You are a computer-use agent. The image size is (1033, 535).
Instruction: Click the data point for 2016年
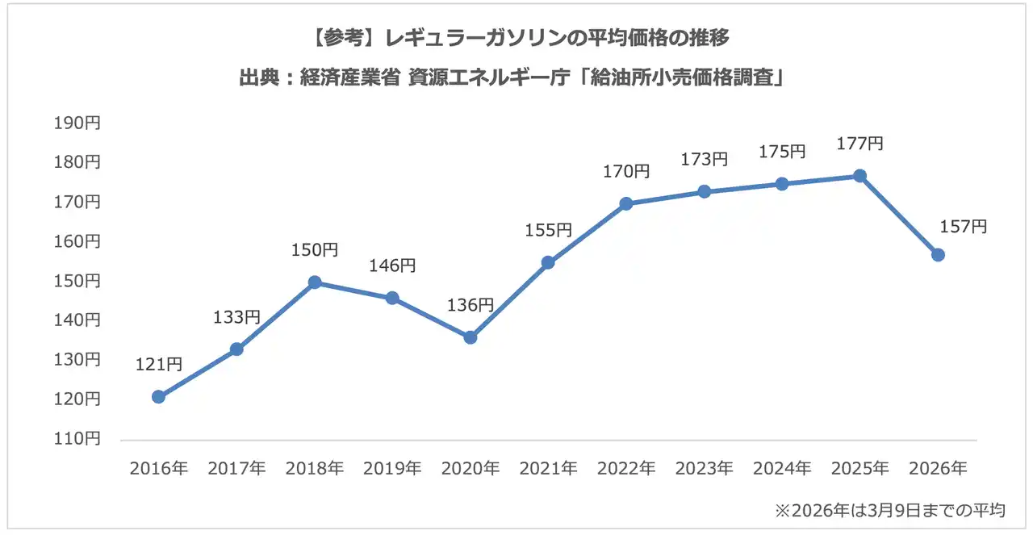coord(158,397)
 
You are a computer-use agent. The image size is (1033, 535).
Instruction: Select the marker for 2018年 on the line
coord(315,282)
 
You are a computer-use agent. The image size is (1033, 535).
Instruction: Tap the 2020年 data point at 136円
coord(470,337)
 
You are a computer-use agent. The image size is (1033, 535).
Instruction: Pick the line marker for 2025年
coord(860,176)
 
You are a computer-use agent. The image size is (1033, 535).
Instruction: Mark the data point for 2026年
coord(938,255)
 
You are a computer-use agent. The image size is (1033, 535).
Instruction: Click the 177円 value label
coord(859,144)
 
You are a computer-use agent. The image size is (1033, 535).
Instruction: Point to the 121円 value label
coord(159,365)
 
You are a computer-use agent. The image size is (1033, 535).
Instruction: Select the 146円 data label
coord(392,265)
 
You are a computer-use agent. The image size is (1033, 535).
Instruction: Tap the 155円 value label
coord(548,230)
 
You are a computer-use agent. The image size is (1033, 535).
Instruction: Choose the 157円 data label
coord(964,228)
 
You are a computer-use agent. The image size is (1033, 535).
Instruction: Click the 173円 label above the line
coord(704,160)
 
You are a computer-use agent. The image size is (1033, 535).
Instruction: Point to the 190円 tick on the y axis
coord(77,123)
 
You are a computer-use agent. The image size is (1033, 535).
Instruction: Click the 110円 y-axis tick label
coord(77,439)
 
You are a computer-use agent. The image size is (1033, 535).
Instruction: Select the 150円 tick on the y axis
coord(77,281)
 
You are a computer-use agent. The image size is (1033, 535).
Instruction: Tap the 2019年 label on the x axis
coord(392,469)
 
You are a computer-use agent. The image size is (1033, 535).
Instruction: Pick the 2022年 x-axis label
coord(626,469)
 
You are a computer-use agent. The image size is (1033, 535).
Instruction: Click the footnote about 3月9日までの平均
coord(889,511)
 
